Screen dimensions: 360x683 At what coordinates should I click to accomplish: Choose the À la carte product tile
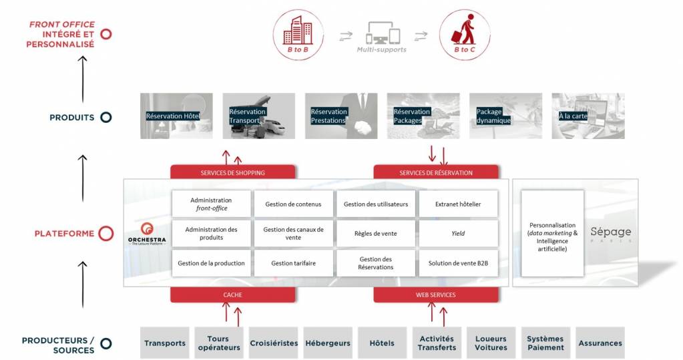588,116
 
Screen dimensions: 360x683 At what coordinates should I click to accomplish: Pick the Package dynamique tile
505,116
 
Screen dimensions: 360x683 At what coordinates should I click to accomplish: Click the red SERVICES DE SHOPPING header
232,172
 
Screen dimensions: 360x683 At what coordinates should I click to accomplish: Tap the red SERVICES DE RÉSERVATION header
435,172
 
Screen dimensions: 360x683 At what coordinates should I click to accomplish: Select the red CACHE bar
232,295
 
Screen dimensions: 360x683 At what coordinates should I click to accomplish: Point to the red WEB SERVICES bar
435,295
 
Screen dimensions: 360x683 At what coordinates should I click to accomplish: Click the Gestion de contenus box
293,204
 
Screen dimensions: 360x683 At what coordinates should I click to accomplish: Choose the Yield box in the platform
458,234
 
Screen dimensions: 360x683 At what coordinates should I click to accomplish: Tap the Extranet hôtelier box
458,204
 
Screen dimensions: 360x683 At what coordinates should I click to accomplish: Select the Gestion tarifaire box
293,263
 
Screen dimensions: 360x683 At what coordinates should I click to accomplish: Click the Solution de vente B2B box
458,263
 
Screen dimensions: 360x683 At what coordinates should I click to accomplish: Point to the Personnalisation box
552,234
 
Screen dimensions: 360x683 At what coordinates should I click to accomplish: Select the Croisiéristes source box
274,343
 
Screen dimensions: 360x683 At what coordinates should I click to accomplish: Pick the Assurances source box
600,343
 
